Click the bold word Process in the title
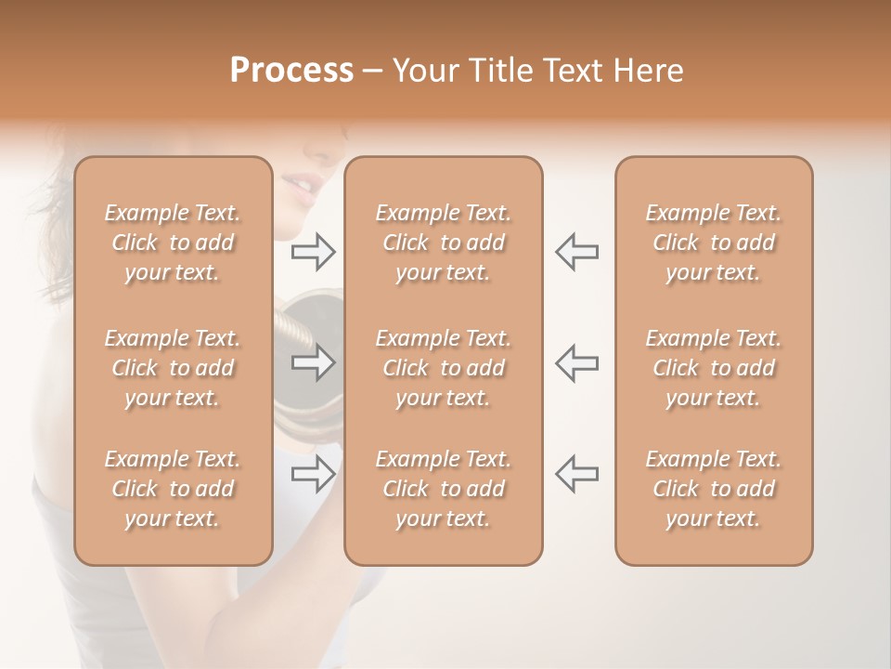pyautogui.click(x=291, y=71)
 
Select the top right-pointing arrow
pyautogui.click(x=314, y=251)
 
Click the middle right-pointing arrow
pyautogui.click(x=314, y=362)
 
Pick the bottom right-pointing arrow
pyautogui.click(x=314, y=474)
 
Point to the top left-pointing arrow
pyautogui.click(x=576, y=251)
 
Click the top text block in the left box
pyautogui.click(x=173, y=243)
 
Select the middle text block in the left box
pyautogui.click(x=173, y=368)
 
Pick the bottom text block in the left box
pyautogui.click(x=173, y=489)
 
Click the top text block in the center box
pyautogui.click(x=444, y=243)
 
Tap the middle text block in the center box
pyautogui.click(x=444, y=368)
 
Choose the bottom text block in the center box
pyautogui.click(x=444, y=489)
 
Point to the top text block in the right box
pyautogui.click(x=714, y=243)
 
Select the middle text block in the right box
pyautogui.click(x=714, y=368)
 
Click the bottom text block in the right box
pyautogui.click(x=714, y=489)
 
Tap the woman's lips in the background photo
pyautogui.click(x=301, y=189)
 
